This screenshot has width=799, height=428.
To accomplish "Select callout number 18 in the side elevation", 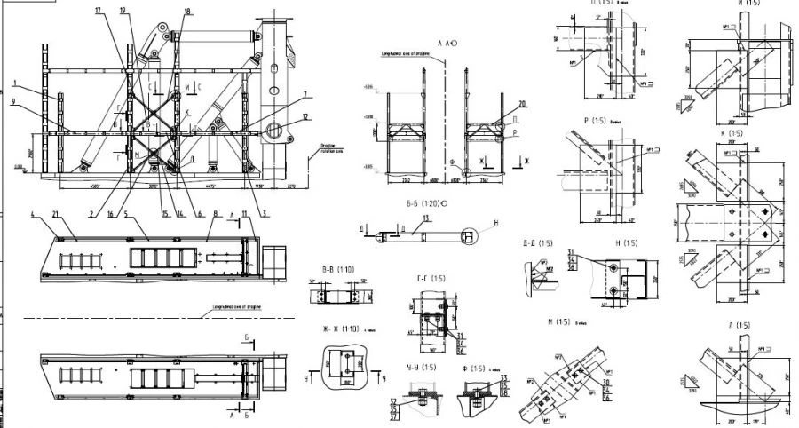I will (x=186, y=11).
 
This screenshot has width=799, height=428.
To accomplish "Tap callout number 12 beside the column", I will (x=305, y=117).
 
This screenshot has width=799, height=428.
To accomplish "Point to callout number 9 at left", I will (x=15, y=100).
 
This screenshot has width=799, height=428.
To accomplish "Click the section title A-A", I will (x=447, y=43).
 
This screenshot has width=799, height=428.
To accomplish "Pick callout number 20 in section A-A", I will (x=522, y=103).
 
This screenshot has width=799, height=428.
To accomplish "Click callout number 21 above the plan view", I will (x=56, y=215).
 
